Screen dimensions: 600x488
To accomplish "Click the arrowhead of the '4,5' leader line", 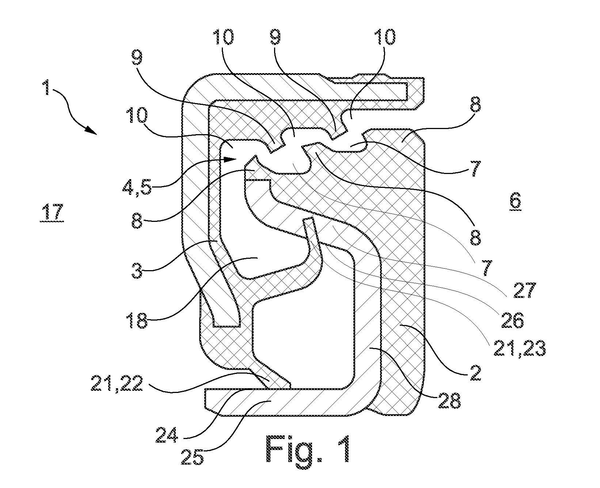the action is [230, 159].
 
